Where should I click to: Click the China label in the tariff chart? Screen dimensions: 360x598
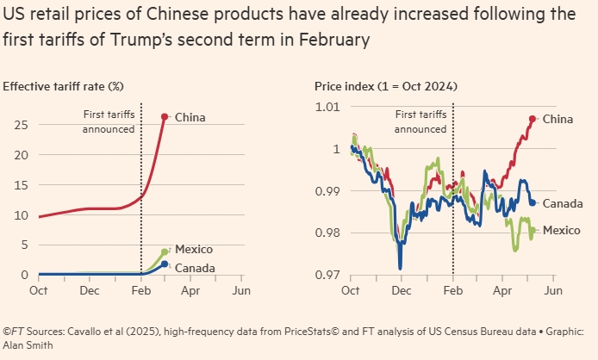click(190, 117)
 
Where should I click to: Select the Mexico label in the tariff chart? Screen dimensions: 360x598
click(194, 249)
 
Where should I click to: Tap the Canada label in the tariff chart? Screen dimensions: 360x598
click(195, 268)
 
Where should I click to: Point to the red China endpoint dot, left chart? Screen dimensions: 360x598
click(165, 117)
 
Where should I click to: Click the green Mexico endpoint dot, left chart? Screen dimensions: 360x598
click(165, 252)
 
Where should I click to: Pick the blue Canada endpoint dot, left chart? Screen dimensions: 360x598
click(165, 264)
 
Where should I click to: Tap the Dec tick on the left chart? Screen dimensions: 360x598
click(90, 290)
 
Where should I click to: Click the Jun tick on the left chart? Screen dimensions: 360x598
click(241, 290)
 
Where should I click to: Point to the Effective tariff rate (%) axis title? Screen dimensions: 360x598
click(65, 86)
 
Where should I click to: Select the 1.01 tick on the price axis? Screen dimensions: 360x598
click(329, 107)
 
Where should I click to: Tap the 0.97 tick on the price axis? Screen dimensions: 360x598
click(329, 275)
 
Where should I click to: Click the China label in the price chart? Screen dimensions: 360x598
click(558, 119)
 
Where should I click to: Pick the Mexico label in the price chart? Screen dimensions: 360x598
click(562, 230)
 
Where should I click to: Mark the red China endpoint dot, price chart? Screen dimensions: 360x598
click(533, 119)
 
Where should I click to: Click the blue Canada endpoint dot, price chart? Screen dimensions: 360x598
click(533, 202)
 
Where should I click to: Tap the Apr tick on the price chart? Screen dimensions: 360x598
click(502, 290)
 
